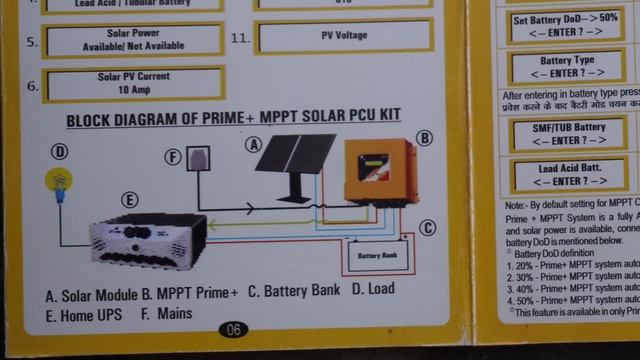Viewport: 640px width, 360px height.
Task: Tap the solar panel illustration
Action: coord(294,165)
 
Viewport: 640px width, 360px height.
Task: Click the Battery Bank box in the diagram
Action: coord(376,256)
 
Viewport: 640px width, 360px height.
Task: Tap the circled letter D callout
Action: coord(60,152)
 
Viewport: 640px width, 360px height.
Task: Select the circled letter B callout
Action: coord(424,138)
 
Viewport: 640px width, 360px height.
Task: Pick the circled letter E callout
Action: coord(130,200)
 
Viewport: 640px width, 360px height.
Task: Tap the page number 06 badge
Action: coord(232,329)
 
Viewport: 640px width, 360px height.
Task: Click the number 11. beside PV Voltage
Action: coord(240,38)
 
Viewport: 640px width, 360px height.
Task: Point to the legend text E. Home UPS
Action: coord(85,315)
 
